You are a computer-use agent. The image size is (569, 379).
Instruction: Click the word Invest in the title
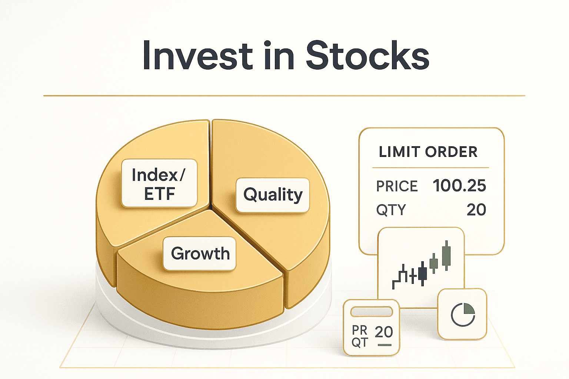(x=197, y=56)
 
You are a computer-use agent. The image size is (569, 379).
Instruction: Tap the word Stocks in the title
(x=367, y=56)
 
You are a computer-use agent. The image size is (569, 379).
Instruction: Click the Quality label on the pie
(x=273, y=195)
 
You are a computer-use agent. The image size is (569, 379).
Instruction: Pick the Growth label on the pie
(x=200, y=254)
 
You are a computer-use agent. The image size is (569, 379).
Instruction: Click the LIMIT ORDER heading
(x=428, y=152)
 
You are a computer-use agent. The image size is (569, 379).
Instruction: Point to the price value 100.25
(x=459, y=185)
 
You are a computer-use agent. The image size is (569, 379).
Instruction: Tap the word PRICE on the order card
(x=397, y=186)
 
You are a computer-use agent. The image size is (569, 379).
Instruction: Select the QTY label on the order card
(x=391, y=210)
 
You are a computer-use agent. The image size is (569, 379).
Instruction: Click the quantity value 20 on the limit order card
(x=476, y=210)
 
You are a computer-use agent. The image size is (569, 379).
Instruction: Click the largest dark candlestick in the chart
(x=423, y=274)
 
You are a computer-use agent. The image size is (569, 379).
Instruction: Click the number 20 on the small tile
(x=383, y=332)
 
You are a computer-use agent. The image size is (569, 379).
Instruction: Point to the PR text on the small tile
(x=359, y=329)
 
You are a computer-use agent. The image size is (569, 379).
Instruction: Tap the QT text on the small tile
(x=359, y=342)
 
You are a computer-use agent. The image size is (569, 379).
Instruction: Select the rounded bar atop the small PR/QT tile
(x=372, y=312)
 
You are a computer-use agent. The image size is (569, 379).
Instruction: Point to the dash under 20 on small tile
(x=384, y=345)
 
